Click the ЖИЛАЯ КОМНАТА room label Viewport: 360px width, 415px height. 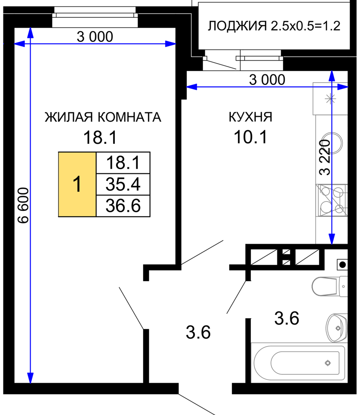pos(103,117)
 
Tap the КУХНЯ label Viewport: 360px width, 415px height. pos(250,117)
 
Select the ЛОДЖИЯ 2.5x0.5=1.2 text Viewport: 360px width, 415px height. pos(274,26)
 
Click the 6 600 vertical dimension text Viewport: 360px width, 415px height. pos(24,205)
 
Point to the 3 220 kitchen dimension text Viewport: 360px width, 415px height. pos(325,158)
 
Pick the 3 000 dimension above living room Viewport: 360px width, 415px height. pos(95,37)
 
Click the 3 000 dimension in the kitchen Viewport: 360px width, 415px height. pos(267,80)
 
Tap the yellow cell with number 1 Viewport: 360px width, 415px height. pos(77,185)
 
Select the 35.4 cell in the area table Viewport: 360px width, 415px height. pos(123,185)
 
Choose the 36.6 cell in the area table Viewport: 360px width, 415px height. pos(123,206)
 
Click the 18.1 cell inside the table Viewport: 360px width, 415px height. pos(123,163)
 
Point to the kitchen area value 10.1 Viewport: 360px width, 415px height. pos(250,137)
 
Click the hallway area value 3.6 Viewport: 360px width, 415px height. pos(198,332)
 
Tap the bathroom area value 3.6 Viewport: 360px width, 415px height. pos(287,319)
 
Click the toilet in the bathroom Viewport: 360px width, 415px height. pos(329,286)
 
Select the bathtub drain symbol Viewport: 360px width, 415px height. pos(328,363)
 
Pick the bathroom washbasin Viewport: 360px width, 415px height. pos(336,328)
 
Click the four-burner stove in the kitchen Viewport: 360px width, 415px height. pos(332,200)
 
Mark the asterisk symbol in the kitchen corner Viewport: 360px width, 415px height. pos(330,99)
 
